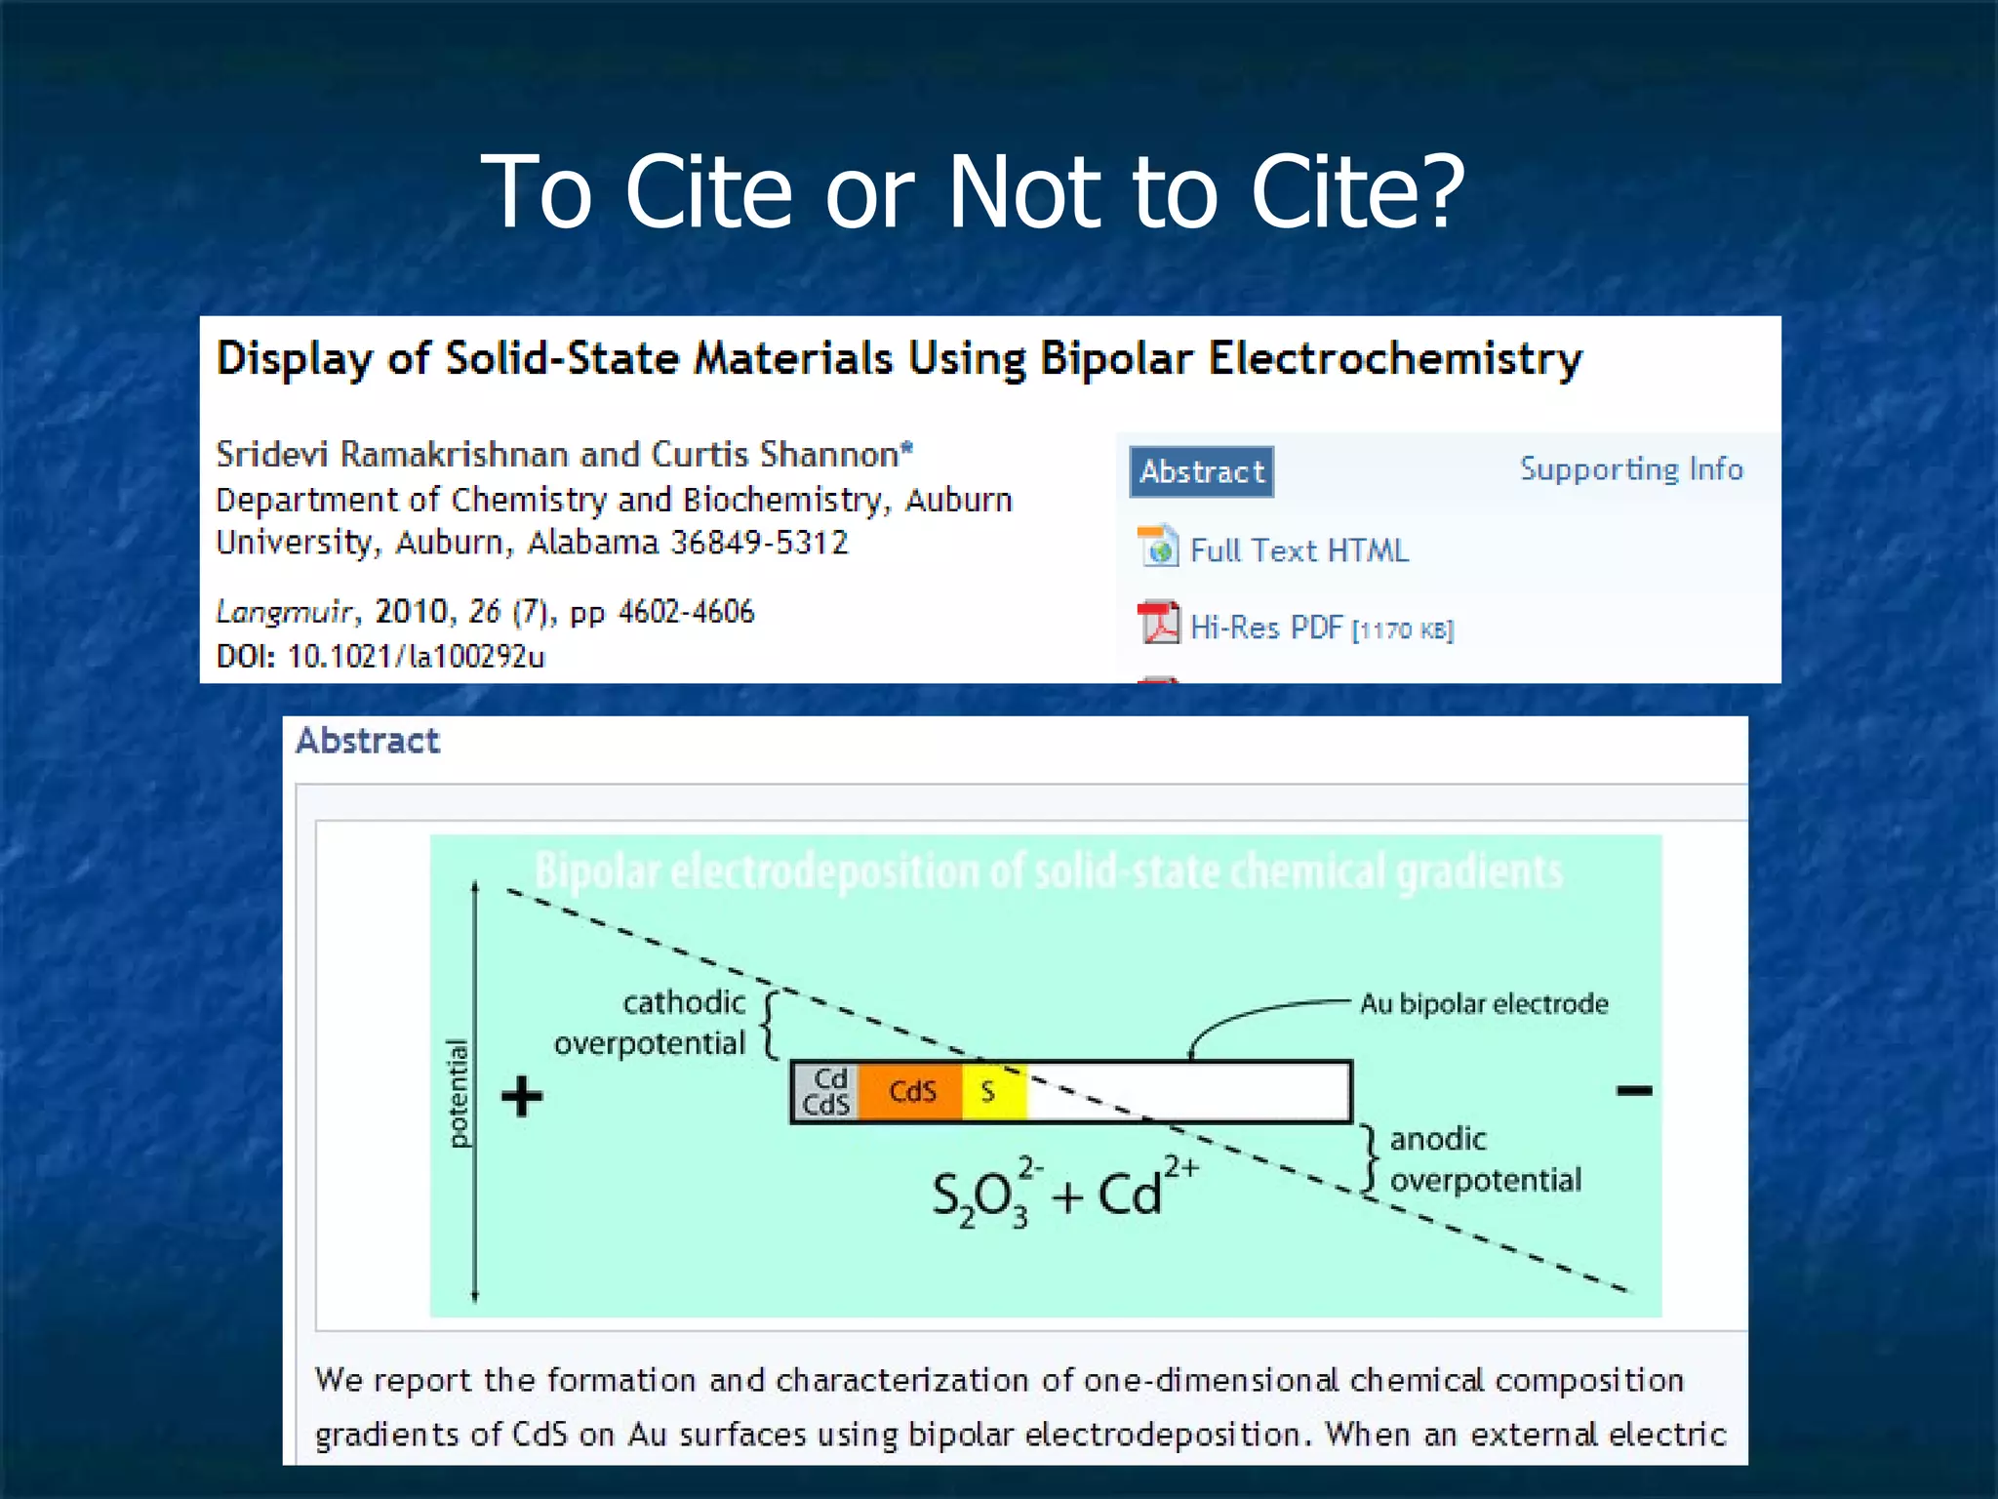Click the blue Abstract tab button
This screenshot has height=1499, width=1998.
pyautogui.click(x=1201, y=472)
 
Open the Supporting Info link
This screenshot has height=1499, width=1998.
pyautogui.click(x=1630, y=469)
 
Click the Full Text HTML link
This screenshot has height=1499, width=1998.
pyautogui.click(x=1299, y=550)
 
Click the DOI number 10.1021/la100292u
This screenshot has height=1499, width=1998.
pyautogui.click(x=416, y=656)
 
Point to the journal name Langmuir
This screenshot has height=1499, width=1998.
pyautogui.click(x=283, y=612)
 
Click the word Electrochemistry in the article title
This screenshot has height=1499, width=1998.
pyautogui.click(x=1395, y=358)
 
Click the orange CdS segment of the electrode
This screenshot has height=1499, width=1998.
pyautogui.click(x=912, y=1091)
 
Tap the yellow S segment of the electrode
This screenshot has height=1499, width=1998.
pyautogui.click(x=991, y=1091)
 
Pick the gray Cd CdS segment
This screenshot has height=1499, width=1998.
pyautogui.click(x=825, y=1091)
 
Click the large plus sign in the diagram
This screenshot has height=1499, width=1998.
pyautogui.click(x=522, y=1096)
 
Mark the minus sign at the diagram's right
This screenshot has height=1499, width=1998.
pyautogui.click(x=1633, y=1090)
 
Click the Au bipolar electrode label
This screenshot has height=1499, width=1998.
pyautogui.click(x=1483, y=1003)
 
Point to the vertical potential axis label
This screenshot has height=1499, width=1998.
pyautogui.click(x=457, y=1093)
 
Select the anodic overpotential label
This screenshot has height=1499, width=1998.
pyautogui.click(x=1483, y=1159)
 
